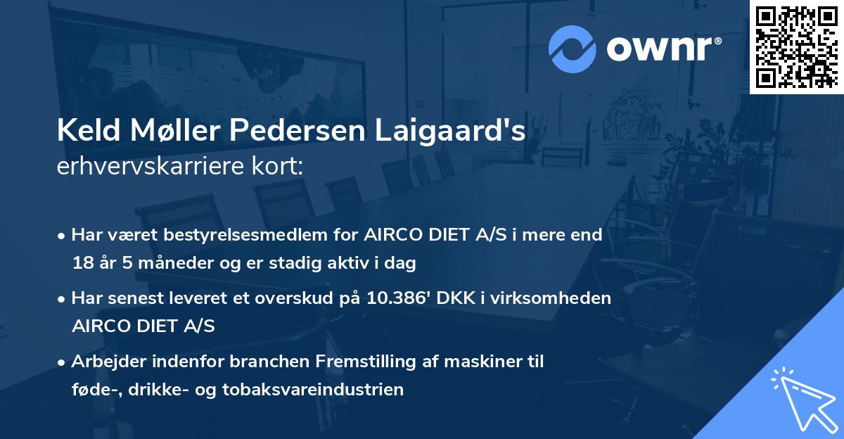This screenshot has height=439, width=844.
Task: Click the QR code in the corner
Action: pos(796,47)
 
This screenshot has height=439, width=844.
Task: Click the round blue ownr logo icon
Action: pos(573,49)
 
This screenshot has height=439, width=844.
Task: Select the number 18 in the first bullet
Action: pos(82,264)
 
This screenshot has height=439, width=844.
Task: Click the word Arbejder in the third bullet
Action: pos(106,362)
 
